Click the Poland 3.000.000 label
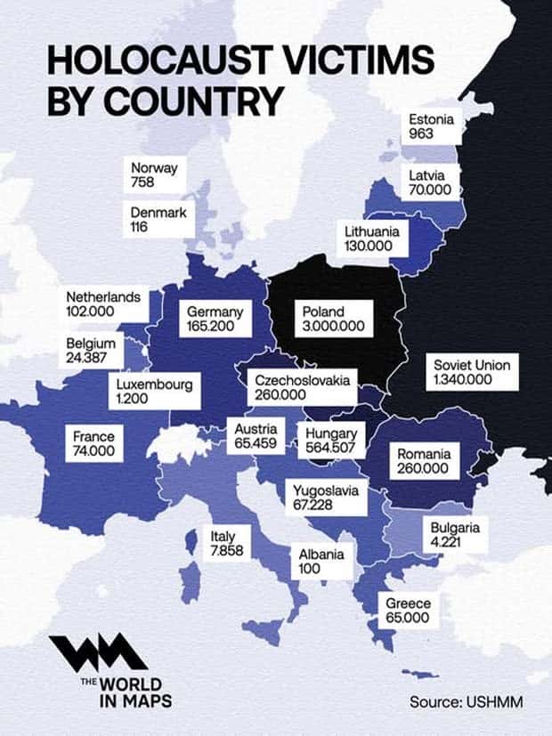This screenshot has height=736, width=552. [333, 319]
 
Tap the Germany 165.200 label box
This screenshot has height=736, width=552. [215, 319]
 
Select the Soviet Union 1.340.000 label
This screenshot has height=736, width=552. [471, 372]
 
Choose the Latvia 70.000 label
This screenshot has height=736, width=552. [431, 182]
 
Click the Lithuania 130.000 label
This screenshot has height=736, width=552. [373, 239]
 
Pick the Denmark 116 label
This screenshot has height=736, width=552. [157, 220]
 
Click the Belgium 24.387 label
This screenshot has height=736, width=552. [92, 351]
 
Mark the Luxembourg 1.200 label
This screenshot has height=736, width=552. [154, 392]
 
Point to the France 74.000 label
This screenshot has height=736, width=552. [94, 444]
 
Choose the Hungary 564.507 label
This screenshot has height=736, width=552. [330, 441]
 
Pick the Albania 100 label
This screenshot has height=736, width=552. [321, 561]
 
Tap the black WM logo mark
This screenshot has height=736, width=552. [98, 655]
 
